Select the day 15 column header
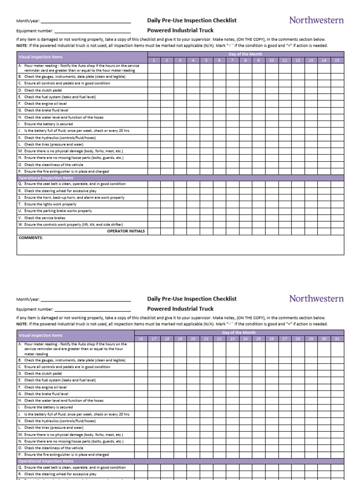click(337, 60)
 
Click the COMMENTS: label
click(30, 238)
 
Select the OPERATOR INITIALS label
click(126, 231)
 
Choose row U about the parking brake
click(55, 211)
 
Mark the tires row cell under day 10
click(271, 144)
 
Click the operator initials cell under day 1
click(154, 231)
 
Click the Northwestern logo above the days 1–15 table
click(316, 20)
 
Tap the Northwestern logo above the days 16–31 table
click(316, 299)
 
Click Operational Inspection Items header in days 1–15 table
click(45, 178)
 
